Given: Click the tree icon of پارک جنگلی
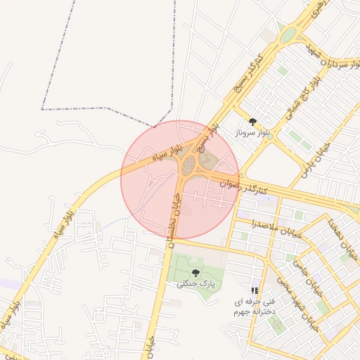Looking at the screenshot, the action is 195,272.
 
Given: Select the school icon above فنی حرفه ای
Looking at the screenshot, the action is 255,290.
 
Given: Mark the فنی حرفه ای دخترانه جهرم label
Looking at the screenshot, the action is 255,306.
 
